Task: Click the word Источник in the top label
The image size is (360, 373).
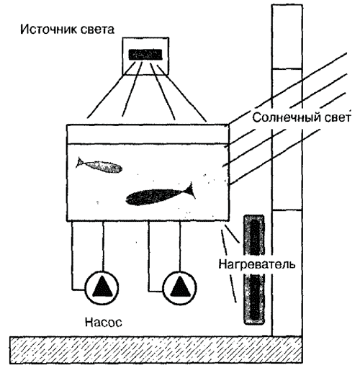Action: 48,30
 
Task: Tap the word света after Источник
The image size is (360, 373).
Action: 97,30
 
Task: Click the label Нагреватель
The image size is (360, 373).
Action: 256,264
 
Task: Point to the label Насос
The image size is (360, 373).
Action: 104,322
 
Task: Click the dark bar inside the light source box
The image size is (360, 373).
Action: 145,55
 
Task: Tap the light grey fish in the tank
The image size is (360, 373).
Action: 99,165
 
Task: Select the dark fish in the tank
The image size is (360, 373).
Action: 161,195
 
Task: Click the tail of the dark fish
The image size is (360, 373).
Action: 189,190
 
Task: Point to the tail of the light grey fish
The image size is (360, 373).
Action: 80,163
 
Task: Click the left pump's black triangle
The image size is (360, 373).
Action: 102,287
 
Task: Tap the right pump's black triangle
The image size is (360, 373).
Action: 179,287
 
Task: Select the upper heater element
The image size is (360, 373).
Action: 254,235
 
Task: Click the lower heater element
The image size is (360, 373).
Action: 254,300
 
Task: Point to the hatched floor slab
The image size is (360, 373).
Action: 156,349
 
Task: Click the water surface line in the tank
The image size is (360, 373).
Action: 148,144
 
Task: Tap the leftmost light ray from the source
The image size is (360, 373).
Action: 110,90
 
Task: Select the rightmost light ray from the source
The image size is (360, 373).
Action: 181,93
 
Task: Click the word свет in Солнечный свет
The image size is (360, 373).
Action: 337,118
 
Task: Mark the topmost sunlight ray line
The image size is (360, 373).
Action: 288,89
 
